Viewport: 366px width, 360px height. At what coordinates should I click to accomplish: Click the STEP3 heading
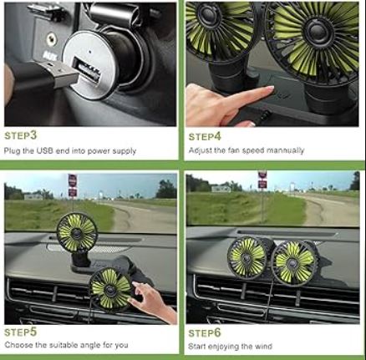tap(21, 134)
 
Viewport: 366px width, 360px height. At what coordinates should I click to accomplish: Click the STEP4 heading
tap(205, 135)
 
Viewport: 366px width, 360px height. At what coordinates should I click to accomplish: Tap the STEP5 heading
tap(21, 331)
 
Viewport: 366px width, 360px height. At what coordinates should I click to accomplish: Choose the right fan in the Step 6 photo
tap(295, 261)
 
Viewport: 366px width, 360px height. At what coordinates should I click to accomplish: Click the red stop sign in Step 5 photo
tap(73, 180)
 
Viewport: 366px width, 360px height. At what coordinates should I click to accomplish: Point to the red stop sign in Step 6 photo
tap(262, 176)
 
